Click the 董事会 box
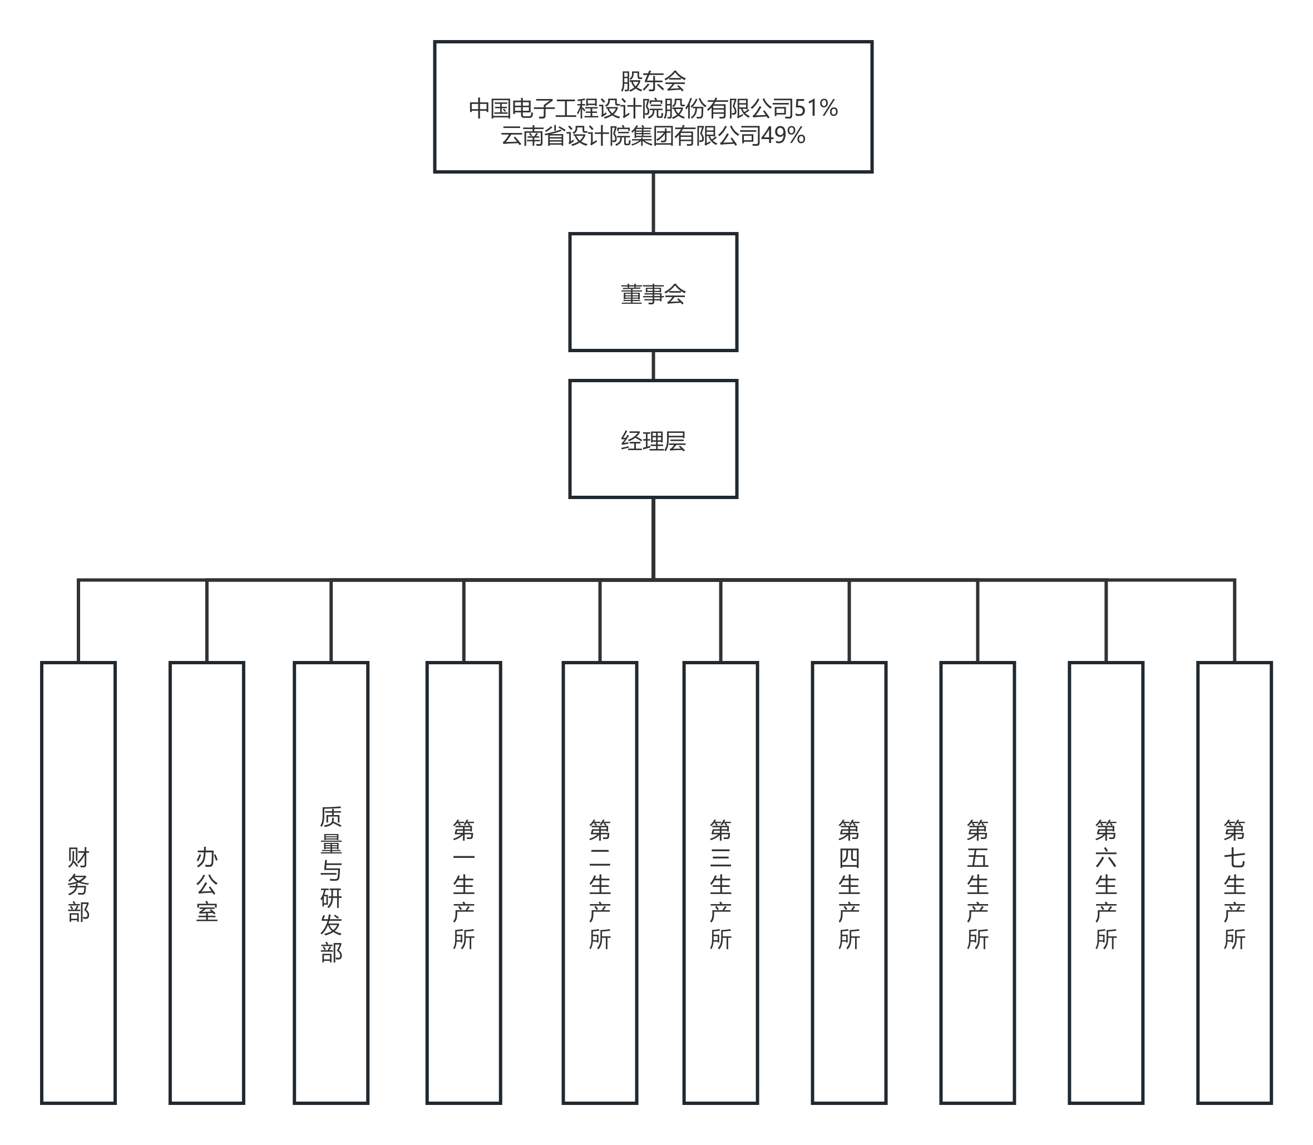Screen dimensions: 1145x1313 (x=653, y=292)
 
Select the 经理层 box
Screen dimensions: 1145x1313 (x=653, y=439)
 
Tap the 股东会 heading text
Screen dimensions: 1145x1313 (x=653, y=81)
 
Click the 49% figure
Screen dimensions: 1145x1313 (x=783, y=135)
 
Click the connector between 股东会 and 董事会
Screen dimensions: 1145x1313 (x=653, y=203)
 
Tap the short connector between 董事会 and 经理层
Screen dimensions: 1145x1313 (x=653, y=366)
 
